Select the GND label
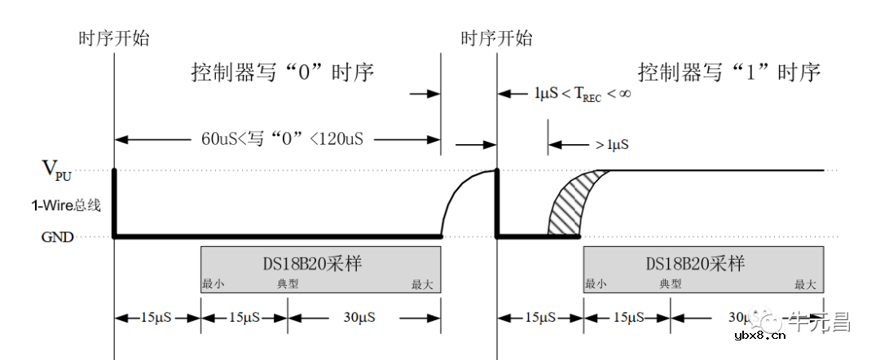tap(58, 237)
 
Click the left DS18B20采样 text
tap(320, 264)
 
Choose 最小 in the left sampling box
tap(213, 284)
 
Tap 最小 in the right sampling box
tap(595, 284)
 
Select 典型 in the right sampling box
tap(670, 284)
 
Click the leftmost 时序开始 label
tap(113, 37)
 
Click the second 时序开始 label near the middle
tap(496, 37)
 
